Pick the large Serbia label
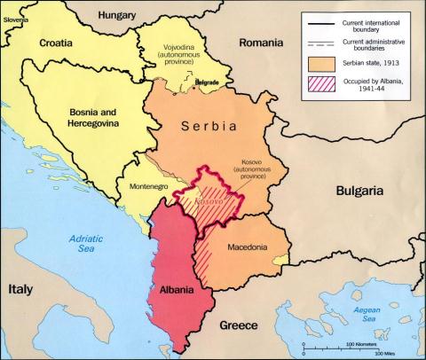[209, 127]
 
